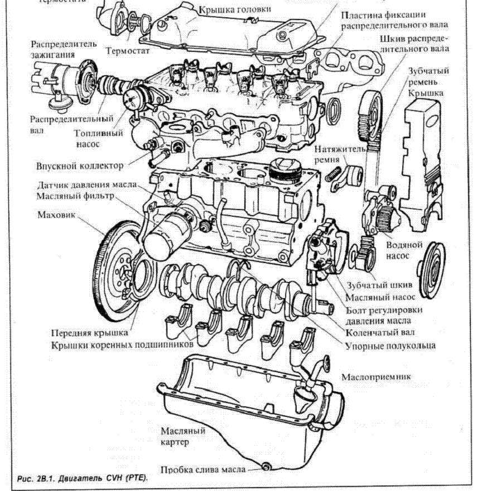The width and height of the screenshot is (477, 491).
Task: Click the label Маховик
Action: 54,214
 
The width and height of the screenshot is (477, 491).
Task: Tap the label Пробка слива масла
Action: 203,470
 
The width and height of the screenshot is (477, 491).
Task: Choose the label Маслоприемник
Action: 376,377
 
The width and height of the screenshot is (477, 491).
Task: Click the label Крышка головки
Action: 243,9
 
